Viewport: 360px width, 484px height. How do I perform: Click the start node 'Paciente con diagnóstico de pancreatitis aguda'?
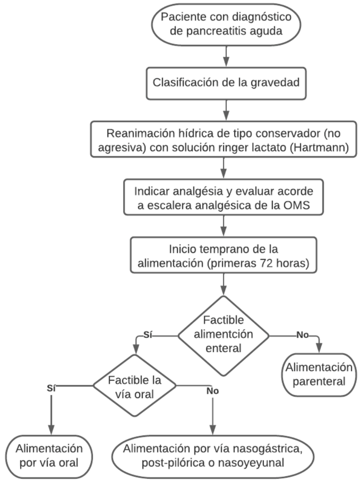(x=226, y=24)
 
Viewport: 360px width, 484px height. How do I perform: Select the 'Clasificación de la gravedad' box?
(x=226, y=83)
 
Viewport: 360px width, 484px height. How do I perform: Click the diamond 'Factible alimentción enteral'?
(x=223, y=336)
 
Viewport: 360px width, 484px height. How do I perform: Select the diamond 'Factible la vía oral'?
(x=135, y=386)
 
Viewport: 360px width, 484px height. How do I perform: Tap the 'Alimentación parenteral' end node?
(x=319, y=375)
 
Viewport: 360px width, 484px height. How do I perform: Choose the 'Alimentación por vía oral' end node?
(x=49, y=456)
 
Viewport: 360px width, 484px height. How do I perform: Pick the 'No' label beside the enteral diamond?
(x=302, y=335)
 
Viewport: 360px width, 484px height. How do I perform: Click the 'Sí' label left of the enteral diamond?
(x=148, y=335)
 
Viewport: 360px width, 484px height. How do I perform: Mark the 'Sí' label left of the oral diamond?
(x=51, y=389)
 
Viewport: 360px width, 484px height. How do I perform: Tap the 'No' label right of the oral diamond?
(x=213, y=391)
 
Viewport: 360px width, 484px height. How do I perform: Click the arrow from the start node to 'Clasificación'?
(x=227, y=56)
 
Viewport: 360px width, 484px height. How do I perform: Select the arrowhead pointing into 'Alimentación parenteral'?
(x=319, y=348)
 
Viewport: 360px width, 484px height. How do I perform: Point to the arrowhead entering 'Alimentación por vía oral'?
(x=51, y=430)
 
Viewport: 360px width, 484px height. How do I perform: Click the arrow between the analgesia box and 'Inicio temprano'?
(x=223, y=226)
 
